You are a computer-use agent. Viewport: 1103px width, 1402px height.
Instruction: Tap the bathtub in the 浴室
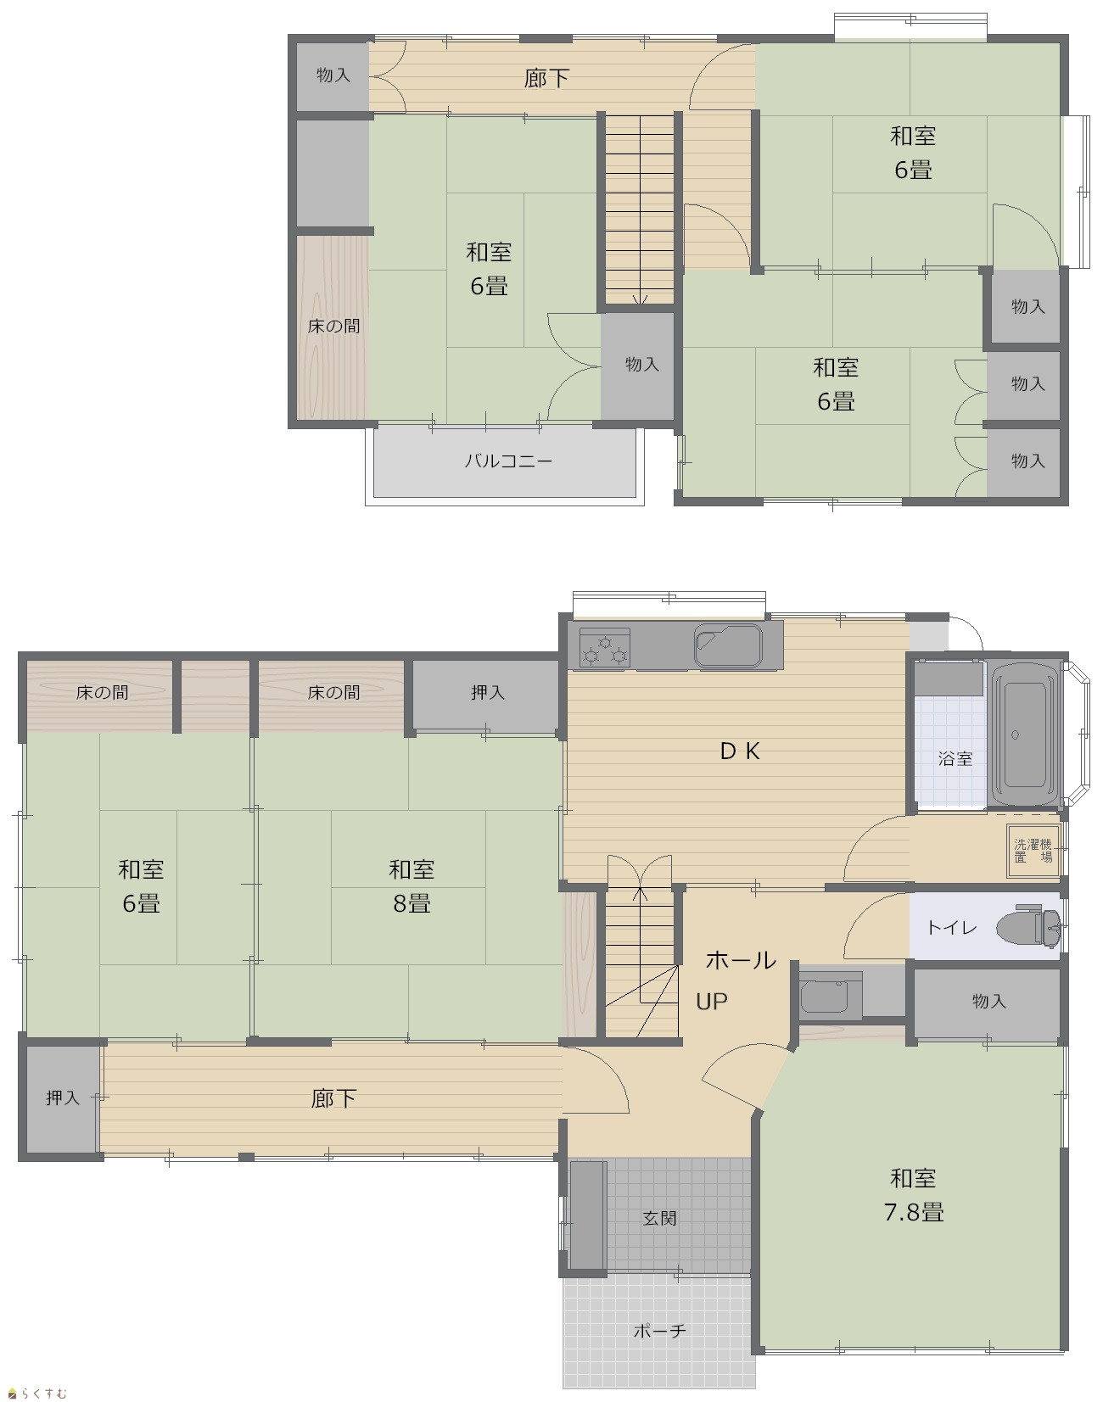pos(1025,735)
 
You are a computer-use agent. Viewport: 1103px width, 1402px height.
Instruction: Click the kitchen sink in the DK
pos(729,646)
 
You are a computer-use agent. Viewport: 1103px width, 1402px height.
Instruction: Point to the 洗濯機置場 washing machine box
pos(1033,850)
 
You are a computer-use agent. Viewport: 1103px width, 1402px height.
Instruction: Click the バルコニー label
pos(508,461)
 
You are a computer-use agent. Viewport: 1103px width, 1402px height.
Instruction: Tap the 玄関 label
pos(659,1219)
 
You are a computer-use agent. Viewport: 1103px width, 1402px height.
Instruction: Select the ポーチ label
pos(659,1331)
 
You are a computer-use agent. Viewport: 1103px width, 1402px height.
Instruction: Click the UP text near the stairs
pos(712,1002)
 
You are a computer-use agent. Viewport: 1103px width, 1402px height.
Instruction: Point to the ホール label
pos(741,960)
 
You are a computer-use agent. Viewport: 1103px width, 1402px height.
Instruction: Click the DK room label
pos(740,751)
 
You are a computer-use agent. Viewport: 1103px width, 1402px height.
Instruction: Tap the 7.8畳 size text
pos(914,1213)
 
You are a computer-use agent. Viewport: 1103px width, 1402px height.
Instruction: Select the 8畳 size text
pos(412,904)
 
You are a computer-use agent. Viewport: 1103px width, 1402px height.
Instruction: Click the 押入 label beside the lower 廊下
pos(63,1098)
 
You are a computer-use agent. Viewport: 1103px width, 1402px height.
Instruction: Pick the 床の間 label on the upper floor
pos(333,326)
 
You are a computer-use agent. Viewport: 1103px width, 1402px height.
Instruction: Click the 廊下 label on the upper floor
pos(546,79)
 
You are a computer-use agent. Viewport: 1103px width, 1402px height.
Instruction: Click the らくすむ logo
pos(37,1393)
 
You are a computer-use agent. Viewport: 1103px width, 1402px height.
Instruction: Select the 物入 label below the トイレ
pos(988,1002)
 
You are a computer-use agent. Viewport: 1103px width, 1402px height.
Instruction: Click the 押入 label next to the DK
pos(488,693)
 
